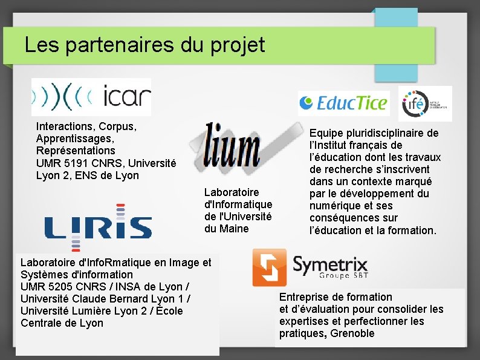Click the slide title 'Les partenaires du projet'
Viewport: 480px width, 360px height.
pyautogui.click(x=145, y=45)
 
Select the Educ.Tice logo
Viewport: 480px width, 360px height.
pyautogui.click(x=343, y=103)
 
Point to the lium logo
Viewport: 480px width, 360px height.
pyautogui.click(x=232, y=146)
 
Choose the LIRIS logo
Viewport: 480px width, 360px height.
pyautogui.click(x=97, y=227)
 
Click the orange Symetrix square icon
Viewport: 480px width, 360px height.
pyautogui.click(x=269, y=267)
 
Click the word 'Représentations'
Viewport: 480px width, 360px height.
pyautogui.click(x=75, y=151)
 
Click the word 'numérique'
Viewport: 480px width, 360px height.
pyautogui.click(x=335, y=206)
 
